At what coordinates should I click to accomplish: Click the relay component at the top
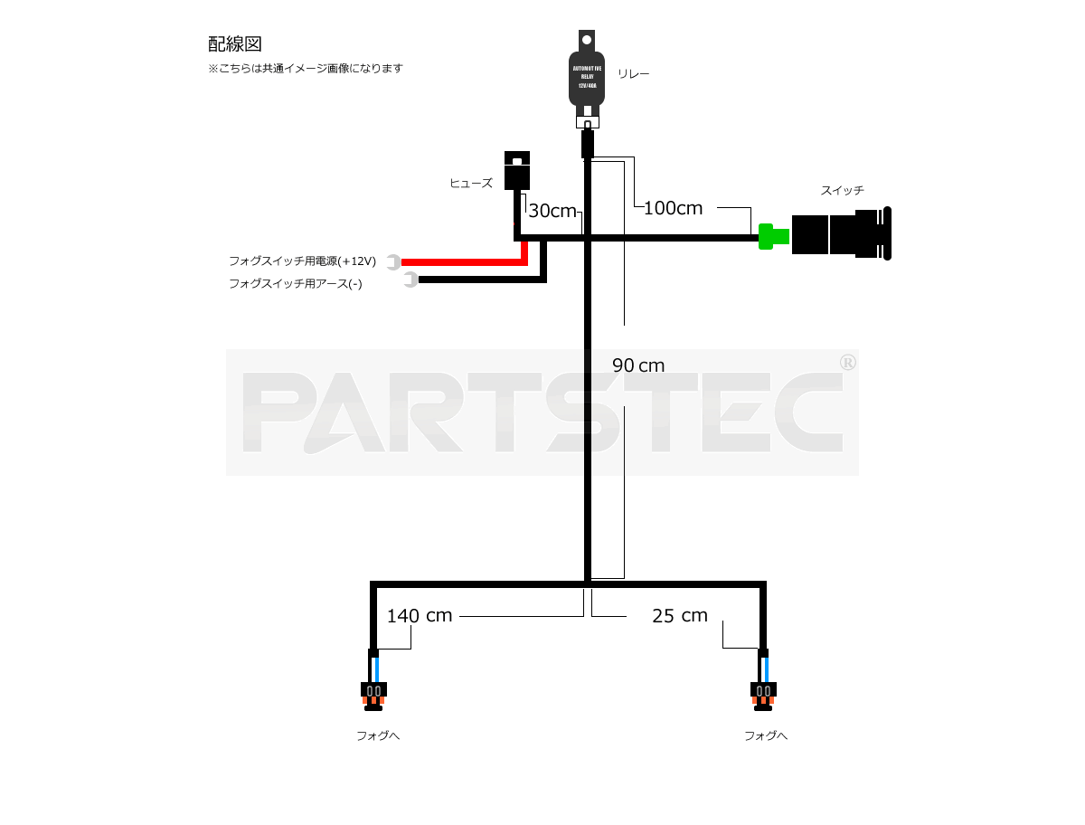pos(587,77)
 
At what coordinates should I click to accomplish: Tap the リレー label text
pos(633,74)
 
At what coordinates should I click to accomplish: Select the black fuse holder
pos(516,171)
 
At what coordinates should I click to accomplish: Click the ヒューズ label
pos(471,183)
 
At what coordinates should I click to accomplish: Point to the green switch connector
pos(773,237)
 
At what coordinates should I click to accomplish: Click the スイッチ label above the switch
pos(842,190)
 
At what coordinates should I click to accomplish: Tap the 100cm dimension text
pos(673,208)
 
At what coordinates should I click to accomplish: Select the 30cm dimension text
pos(552,211)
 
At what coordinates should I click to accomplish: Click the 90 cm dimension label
pos(638,365)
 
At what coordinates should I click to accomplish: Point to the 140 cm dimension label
pos(419,616)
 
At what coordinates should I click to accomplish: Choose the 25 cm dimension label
pos(679,616)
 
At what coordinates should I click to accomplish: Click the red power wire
pos(461,262)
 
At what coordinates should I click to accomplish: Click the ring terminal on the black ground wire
pos(411,280)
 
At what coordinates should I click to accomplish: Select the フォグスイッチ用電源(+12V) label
pos(302,261)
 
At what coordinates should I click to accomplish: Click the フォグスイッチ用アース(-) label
pos(295,283)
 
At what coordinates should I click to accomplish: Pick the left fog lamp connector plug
pos(373,693)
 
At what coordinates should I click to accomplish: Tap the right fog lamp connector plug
pos(763,693)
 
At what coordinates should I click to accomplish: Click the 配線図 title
pos(234,43)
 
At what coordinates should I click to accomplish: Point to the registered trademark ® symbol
pos(848,362)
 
